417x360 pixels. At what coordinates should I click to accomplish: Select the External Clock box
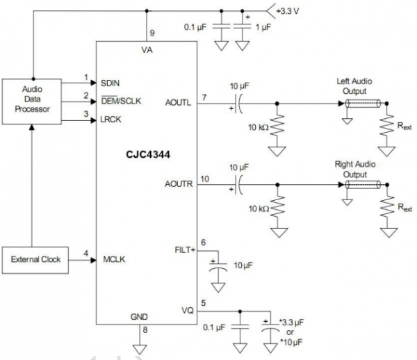(x=35, y=259)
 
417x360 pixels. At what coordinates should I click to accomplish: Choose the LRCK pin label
(x=112, y=120)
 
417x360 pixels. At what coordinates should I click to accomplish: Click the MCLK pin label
(x=113, y=260)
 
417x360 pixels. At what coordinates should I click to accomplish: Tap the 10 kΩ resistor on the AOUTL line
(x=277, y=127)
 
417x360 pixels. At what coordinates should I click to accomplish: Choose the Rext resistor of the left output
(x=385, y=126)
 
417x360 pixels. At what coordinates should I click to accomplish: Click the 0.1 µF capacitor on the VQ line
(x=240, y=325)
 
